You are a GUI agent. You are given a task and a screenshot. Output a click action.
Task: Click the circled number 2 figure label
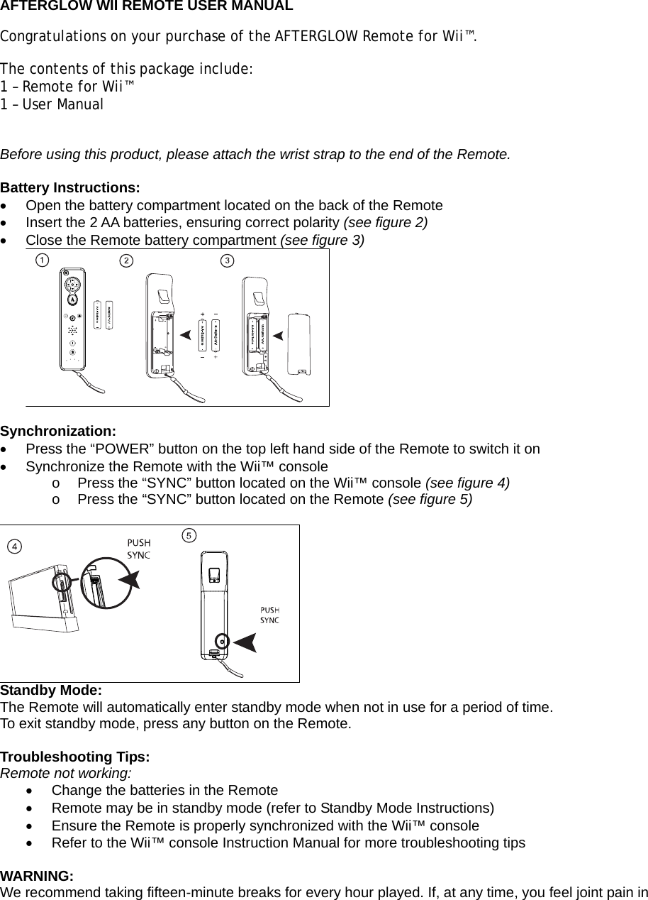(125, 260)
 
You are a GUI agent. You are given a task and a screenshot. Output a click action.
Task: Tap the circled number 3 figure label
(227, 260)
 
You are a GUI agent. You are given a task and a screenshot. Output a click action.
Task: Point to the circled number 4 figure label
(14, 545)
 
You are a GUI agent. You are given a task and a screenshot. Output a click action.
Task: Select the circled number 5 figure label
(188, 534)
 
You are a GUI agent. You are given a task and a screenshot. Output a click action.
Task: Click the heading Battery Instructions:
(70, 188)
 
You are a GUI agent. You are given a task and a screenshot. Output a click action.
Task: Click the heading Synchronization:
(58, 432)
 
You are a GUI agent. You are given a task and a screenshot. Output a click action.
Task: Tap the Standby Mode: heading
(51, 691)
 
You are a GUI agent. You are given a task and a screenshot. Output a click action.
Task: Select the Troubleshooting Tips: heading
(75, 757)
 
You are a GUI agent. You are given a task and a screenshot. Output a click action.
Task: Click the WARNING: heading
(37, 875)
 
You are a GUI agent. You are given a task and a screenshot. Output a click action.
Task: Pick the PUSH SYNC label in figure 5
(269, 615)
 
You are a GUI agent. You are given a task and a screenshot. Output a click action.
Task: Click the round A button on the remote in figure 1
(73, 298)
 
